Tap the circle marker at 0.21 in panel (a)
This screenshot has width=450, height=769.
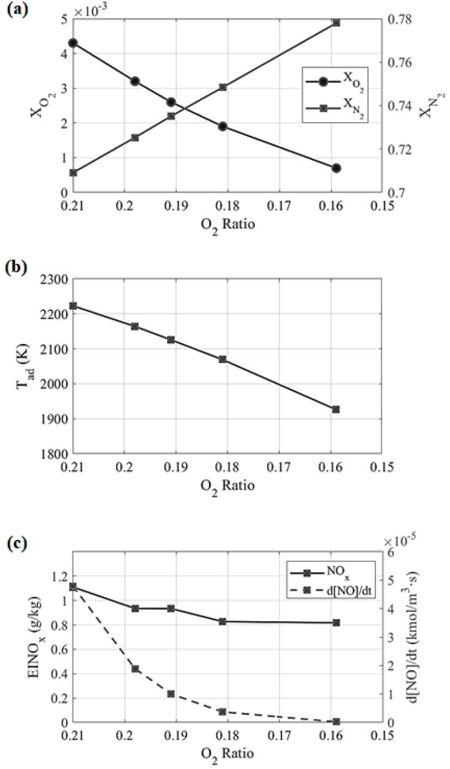[x=73, y=43]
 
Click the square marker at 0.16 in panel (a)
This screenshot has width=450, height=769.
[x=336, y=22]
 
